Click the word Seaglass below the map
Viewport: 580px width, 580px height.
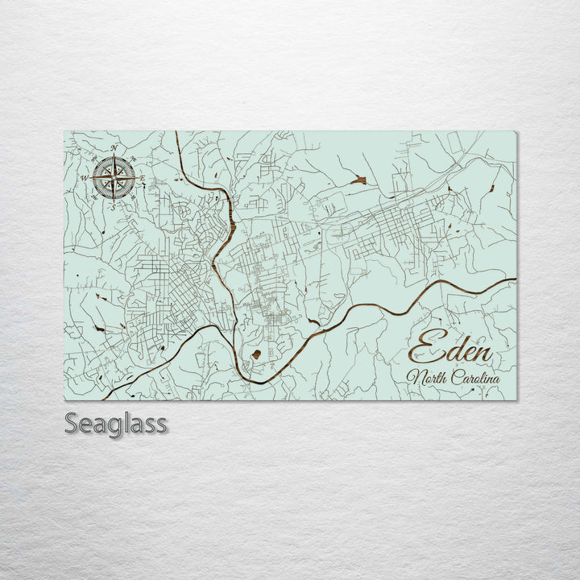click(116, 423)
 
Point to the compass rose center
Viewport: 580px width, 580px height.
click(114, 177)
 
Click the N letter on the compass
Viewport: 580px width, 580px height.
click(114, 148)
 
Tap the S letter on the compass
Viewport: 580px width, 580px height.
click(114, 207)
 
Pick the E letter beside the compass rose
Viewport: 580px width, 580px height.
click(143, 178)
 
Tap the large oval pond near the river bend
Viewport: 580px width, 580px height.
click(256, 354)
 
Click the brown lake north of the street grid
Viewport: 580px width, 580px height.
click(358, 180)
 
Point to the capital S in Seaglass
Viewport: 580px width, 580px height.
click(72, 423)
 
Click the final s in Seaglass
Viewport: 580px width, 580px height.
click(162, 425)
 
